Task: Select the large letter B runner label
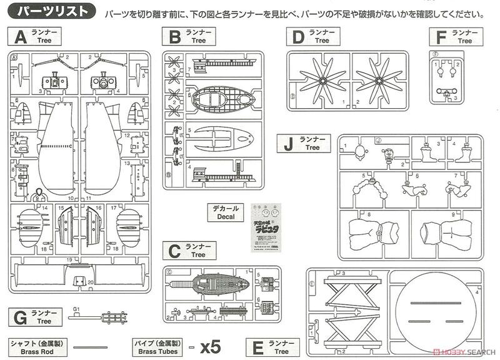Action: [174, 37]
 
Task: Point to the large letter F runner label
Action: [441, 37]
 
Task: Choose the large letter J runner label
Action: [288, 144]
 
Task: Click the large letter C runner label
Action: [174, 251]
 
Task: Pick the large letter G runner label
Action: [20, 317]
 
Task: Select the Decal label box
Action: [227, 212]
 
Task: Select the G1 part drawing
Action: [106, 317]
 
